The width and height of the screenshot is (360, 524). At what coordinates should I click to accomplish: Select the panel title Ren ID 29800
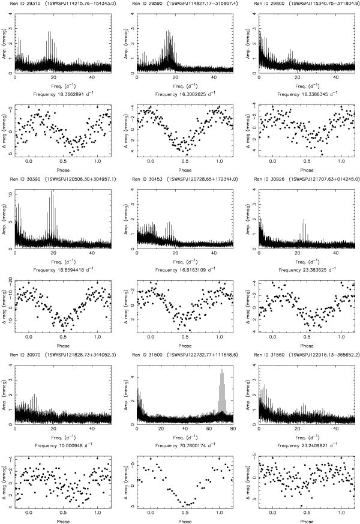[x=269, y=4]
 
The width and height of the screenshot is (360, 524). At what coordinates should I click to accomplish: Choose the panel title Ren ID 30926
[x=269, y=179]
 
